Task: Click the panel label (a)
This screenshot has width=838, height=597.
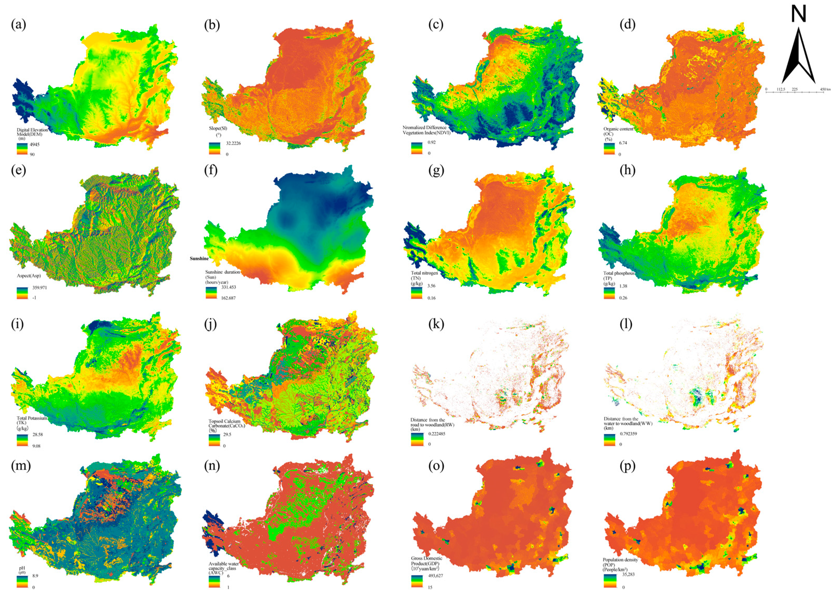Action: point(18,25)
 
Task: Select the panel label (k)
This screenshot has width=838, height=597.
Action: point(436,324)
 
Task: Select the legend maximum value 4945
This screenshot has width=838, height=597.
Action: point(35,145)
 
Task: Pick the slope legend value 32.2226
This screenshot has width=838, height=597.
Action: point(233,143)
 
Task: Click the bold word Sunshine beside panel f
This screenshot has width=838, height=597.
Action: point(199,259)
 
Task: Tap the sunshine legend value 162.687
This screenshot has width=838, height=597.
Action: point(228,298)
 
